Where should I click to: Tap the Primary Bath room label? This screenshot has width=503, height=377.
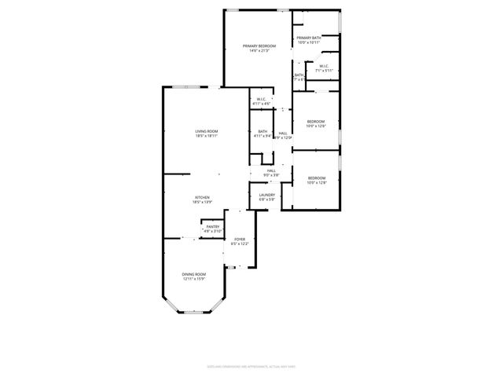pyautogui.click(x=308, y=38)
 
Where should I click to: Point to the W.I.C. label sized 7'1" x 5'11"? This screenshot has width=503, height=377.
pyautogui.click(x=323, y=66)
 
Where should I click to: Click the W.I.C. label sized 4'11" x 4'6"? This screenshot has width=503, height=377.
pyautogui.click(x=261, y=99)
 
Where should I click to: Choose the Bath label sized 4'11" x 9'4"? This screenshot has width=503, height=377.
pyautogui.click(x=262, y=131)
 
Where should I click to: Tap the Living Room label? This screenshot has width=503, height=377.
pyautogui.click(x=207, y=131)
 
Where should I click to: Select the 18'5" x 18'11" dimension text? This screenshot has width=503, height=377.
pyautogui.click(x=207, y=136)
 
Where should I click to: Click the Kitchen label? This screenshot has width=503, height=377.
pyautogui.click(x=202, y=197)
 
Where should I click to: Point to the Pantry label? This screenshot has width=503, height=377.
pyautogui.click(x=213, y=226)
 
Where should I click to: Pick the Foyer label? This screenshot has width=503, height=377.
pyautogui.click(x=239, y=239)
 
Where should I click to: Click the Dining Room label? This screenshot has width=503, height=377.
pyautogui.click(x=194, y=274)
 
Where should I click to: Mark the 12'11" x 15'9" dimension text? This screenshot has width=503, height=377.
pyautogui.click(x=194, y=279)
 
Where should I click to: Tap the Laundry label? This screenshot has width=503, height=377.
pyautogui.click(x=267, y=195)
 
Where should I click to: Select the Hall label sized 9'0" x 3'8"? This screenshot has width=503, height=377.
pyautogui.click(x=271, y=170)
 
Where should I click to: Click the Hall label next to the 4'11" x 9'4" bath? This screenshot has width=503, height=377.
pyautogui.click(x=283, y=134)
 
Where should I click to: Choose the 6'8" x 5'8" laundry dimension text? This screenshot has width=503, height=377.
pyautogui.click(x=267, y=199)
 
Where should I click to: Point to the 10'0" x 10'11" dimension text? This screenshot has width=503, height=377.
pyautogui.click(x=308, y=42)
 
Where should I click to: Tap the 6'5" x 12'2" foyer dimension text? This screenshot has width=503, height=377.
pyautogui.click(x=239, y=243)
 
